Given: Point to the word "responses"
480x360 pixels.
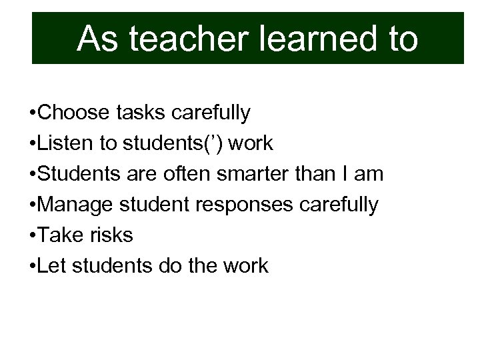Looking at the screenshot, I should click(x=251, y=205).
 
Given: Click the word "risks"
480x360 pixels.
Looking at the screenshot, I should click(x=114, y=235).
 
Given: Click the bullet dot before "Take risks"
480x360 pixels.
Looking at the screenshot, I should click(x=33, y=235).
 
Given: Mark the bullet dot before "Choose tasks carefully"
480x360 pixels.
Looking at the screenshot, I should click(x=33, y=113).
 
